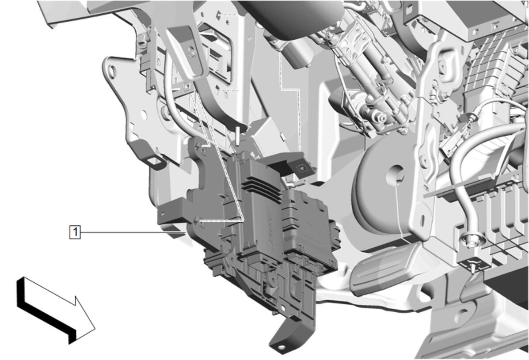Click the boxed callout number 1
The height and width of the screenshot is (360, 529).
75,232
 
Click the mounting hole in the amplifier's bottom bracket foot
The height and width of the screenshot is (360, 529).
280,346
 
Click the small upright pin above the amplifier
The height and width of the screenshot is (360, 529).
238,135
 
